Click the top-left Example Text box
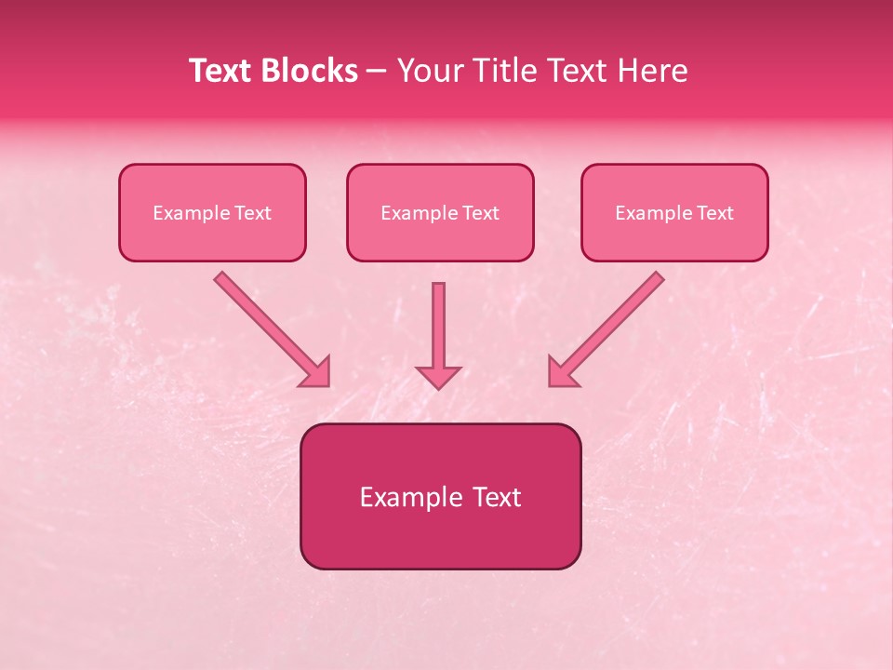[x=212, y=212]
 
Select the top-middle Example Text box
[x=440, y=212]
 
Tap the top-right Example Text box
[x=674, y=212]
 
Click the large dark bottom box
[x=440, y=496]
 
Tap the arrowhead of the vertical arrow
[x=438, y=376]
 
